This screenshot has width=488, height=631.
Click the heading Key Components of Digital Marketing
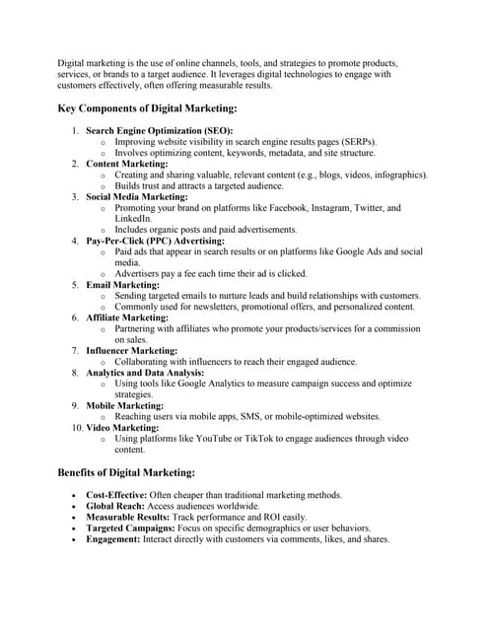(x=147, y=109)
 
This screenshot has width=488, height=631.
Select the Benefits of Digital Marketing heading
(x=126, y=472)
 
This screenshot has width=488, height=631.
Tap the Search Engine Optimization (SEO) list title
(x=159, y=131)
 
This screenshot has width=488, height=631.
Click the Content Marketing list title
(x=127, y=164)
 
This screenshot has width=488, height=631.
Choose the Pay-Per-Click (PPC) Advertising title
(x=156, y=241)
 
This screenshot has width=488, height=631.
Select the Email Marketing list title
(x=123, y=285)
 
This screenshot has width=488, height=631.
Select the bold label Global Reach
(x=113, y=506)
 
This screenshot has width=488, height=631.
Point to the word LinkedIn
(x=133, y=219)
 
